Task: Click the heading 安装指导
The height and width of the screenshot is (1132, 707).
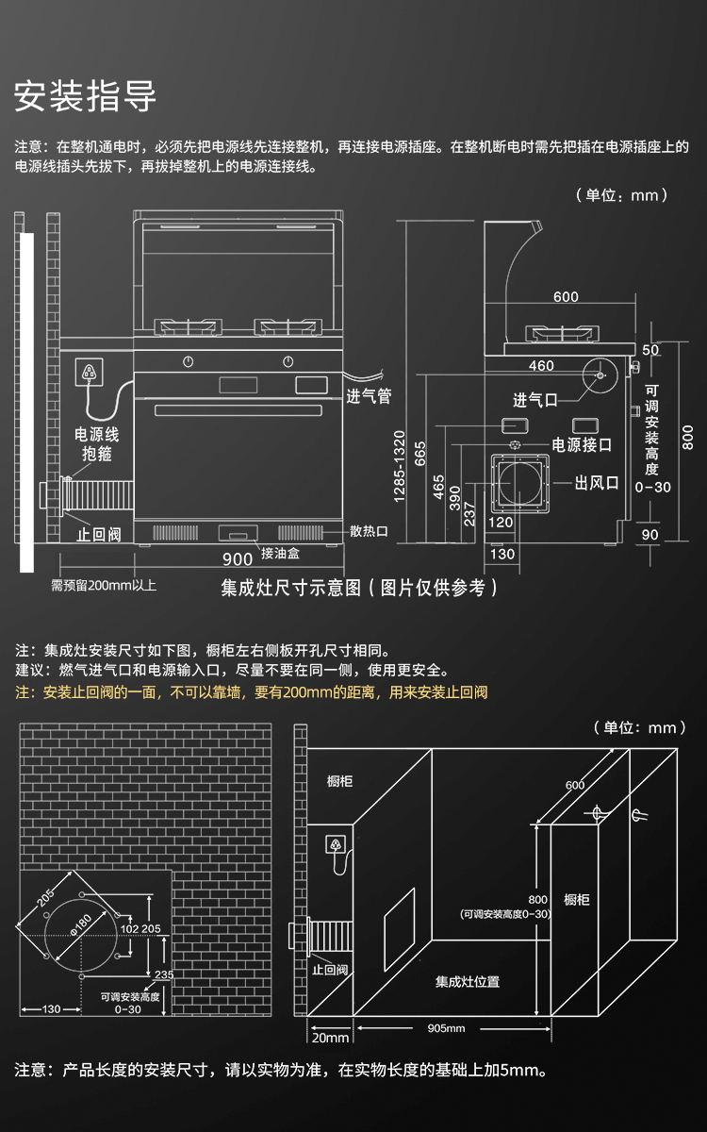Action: tap(85, 96)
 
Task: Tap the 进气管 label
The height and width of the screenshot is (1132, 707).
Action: tap(369, 397)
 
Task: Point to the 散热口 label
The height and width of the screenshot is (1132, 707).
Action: tap(369, 531)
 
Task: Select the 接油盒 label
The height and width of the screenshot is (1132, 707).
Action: tap(280, 553)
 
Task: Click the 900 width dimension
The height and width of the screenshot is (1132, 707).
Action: tap(238, 559)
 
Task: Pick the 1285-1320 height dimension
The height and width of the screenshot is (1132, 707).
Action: tap(400, 466)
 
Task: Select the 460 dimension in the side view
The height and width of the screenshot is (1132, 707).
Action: tap(541, 366)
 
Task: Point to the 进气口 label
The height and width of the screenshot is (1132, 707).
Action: tap(536, 400)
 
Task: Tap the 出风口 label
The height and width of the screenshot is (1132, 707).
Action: tap(598, 483)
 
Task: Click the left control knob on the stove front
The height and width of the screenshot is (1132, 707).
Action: tap(189, 360)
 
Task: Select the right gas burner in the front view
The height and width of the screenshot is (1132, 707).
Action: tap(288, 328)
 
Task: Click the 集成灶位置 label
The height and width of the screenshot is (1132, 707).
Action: tap(468, 981)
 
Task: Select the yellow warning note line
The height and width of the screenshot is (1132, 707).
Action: tap(252, 692)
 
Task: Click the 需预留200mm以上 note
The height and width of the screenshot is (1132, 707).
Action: tap(104, 586)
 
